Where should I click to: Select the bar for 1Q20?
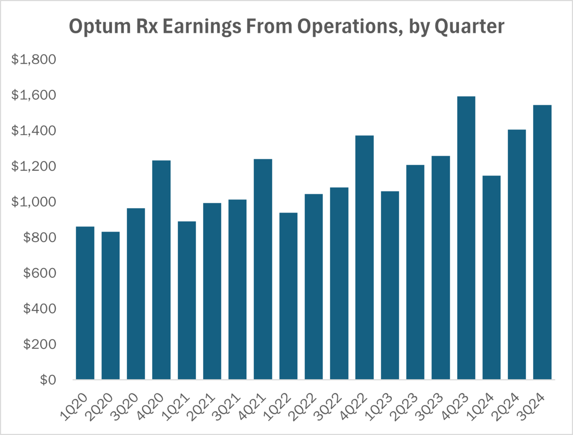point(85,303)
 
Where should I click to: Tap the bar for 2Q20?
point(110,306)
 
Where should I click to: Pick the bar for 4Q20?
point(161,270)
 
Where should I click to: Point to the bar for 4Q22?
point(365,257)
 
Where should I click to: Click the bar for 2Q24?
point(517,255)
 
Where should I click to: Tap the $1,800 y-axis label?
point(34,59)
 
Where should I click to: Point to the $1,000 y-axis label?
point(34,202)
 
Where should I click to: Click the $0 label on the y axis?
point(48,380)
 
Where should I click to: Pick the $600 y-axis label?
point(39,273)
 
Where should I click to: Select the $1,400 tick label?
point(34,131)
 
